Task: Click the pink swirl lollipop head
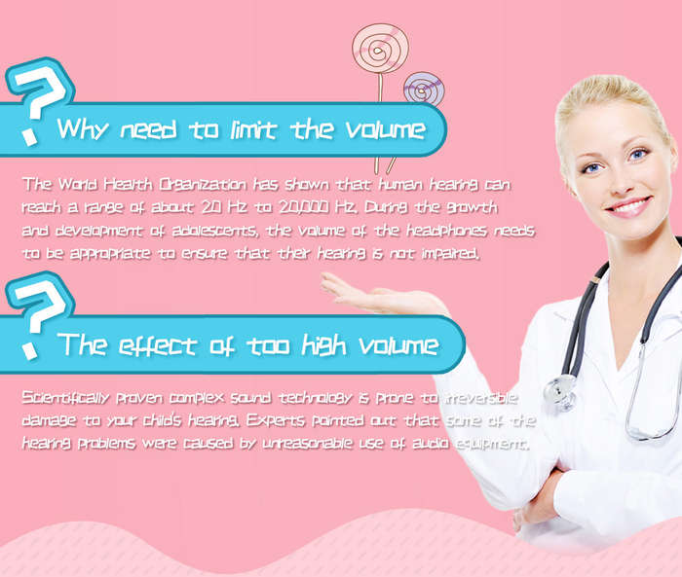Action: tap(380, 49)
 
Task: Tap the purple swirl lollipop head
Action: tap(424, 90)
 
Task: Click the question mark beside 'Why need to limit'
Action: tap(39, 101)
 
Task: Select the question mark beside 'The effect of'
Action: tap(39, 314)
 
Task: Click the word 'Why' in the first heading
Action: tap(82, 128)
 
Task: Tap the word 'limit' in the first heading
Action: tap(253, 128)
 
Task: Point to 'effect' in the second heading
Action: tap(158, 345)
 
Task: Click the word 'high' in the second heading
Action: tap(324, 345)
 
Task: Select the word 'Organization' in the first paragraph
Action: tap(203, 185)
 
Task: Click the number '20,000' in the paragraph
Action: tap(304, 207)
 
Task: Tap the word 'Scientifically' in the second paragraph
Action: tap(65, 398)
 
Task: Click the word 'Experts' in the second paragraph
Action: tap(276, 420)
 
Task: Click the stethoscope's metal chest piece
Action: tap(560, 391)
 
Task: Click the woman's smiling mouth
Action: tap(628, 206)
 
